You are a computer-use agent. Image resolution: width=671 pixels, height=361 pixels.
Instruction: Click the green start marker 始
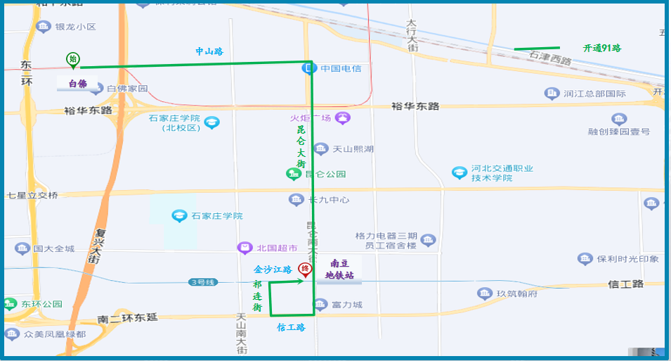click(x=72, y=59)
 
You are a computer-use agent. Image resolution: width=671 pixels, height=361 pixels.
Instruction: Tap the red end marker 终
click(x=305, y=269)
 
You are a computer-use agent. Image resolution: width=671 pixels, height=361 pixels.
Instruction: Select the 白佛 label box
click(x=77, y=84)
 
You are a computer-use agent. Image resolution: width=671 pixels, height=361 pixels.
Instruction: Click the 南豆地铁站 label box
click(x=339, y=270)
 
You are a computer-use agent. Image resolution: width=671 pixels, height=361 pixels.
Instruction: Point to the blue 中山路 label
click(x=209, y=51)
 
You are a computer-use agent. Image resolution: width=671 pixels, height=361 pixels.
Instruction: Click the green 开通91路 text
click(x=602, y=49)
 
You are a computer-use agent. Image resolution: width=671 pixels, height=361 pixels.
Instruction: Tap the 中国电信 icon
click(x=308, y=68)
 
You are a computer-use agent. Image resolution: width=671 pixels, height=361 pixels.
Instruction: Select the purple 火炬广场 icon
click(x=342, y=118)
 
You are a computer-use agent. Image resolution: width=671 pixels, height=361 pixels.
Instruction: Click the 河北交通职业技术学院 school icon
click(x=460, y=172)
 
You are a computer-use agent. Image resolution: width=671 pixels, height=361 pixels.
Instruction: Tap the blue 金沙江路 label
click(x=273, y=270)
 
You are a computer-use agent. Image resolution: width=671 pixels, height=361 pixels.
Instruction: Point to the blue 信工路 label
click(x=291, y=327)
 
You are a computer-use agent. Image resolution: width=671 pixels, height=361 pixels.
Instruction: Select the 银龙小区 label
click(x=75, y=27)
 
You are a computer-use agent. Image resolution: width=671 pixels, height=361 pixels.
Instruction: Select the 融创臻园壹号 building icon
click(x=619, y=119)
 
